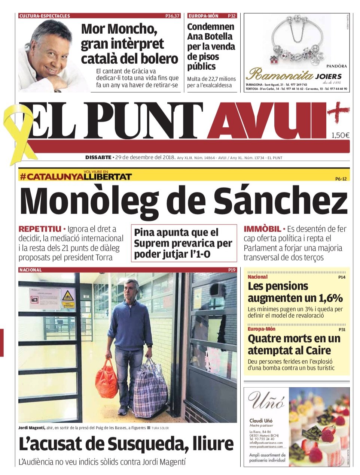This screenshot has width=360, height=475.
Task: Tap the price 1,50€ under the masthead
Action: tap(340, 136)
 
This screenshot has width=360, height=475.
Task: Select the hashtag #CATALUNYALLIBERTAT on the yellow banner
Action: tap(76, 176)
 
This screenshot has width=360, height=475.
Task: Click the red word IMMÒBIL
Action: tap(262, 229)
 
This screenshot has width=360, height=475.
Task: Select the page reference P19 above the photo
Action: tap(232, 270)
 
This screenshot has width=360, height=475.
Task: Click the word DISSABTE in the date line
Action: tap(98, 158)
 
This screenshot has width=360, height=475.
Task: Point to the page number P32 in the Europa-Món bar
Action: tap(232, 16)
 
